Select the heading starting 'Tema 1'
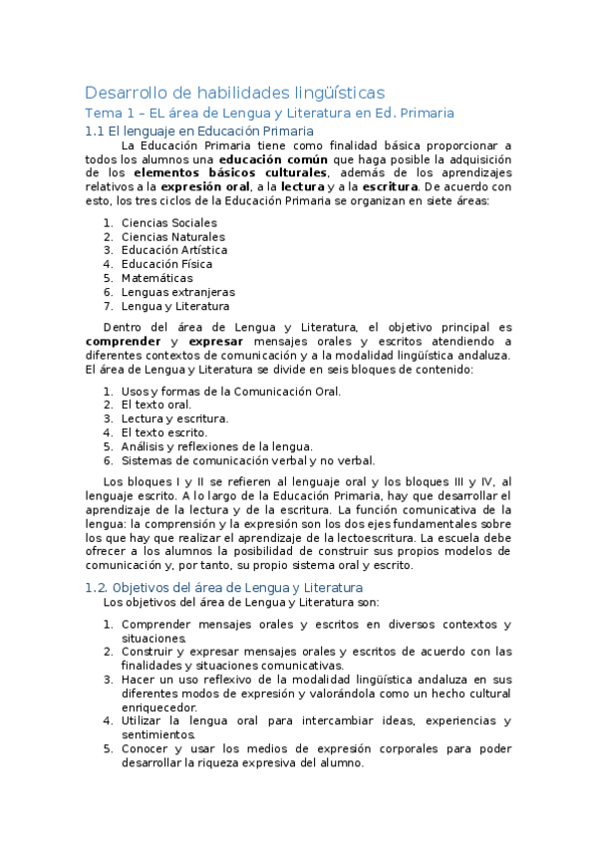269,114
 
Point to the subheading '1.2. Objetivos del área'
223,588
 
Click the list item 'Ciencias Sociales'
168,222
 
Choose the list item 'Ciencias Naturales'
172,236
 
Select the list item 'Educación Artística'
173,250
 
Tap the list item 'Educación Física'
166,264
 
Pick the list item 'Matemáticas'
156,278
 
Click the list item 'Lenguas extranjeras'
177,292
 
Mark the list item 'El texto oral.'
155,405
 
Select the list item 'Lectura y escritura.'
174,419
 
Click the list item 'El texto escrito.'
163,432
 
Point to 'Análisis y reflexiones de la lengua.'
216,446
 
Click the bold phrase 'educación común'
263,158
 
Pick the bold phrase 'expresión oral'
204,186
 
